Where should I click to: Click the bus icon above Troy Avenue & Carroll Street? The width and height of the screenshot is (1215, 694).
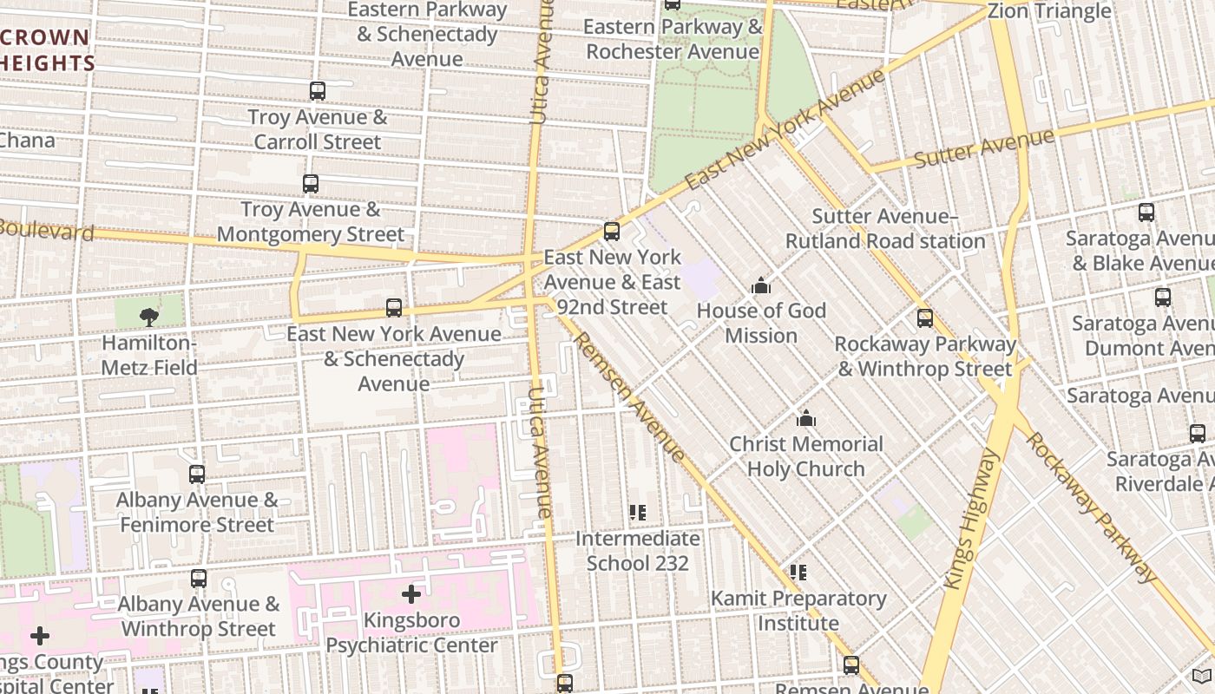[318, 91]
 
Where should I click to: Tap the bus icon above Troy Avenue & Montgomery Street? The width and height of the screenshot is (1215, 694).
[311, 184]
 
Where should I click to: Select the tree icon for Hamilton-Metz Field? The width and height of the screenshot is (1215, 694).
[149, 317]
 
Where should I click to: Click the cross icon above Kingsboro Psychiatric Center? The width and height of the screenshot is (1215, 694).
[411, 594]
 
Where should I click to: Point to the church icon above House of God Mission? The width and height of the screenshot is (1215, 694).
[761, 285]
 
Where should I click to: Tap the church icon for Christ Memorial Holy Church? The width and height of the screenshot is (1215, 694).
[806, 419]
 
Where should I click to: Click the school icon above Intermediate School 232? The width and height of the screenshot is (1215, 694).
[638, 514]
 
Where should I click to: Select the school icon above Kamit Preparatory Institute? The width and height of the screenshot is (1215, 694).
[798, 573]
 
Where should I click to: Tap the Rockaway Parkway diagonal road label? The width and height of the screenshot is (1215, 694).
[1092, 507]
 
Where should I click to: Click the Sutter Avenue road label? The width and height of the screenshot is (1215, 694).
[984, 148]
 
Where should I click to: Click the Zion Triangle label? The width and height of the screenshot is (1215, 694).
[1049, 11]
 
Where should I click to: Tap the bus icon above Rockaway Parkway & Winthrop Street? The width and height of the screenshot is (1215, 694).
[925, 318]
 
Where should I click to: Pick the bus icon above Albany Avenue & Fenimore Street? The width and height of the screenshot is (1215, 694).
[197, 475]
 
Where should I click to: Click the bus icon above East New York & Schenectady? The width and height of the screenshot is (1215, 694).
[394, 308]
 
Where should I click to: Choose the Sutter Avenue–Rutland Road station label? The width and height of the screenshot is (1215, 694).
[884, 228]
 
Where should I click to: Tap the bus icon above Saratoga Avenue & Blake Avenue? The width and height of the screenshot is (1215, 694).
[1146, 213]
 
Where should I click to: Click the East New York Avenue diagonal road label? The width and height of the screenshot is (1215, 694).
[785, 130]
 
